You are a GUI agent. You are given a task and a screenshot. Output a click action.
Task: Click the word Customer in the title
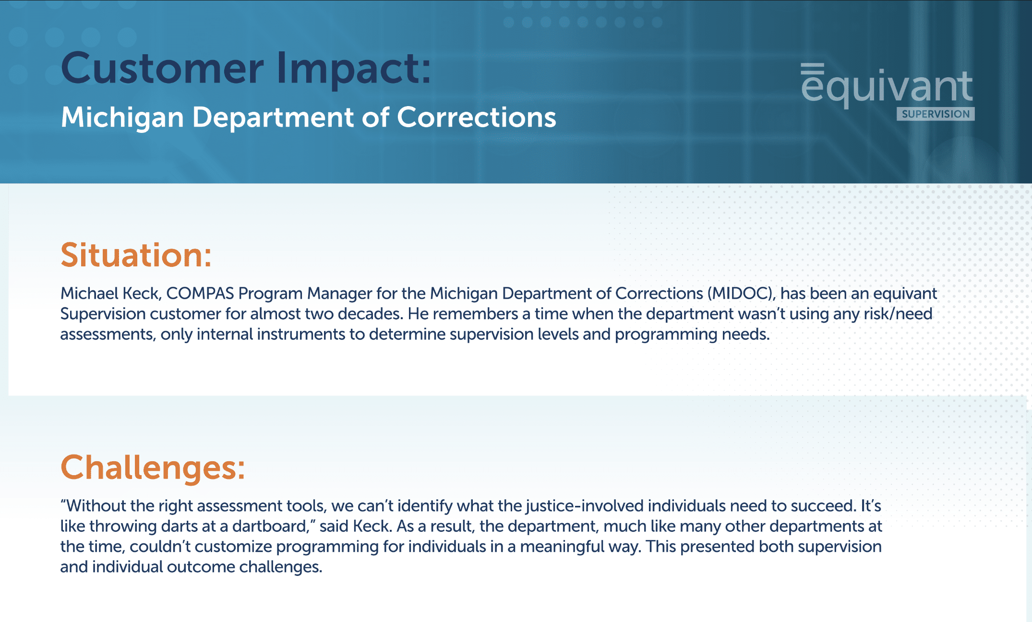point(162,69)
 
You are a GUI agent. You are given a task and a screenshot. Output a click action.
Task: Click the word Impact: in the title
point(354,69)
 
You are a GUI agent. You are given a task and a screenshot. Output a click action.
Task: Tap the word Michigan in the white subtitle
point(122,118)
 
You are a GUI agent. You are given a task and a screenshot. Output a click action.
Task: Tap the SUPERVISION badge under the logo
point(935,114)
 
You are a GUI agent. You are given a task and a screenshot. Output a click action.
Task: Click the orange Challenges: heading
point(153,467)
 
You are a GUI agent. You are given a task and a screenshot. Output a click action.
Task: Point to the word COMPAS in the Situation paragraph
point(200,293)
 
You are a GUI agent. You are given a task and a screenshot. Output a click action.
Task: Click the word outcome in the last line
point(201,567)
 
